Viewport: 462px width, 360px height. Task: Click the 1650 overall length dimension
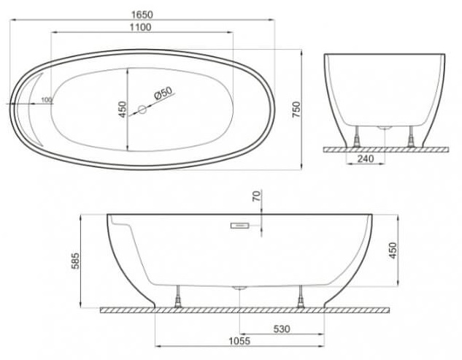click(x=142, y=15)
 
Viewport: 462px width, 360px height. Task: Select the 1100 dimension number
click(x=141, y=27)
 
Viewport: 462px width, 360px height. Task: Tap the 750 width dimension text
click(x=296, y=110)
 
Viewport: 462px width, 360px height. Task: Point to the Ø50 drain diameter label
click(x=163, y=93)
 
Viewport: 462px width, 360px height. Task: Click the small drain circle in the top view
click(x=142, y=110)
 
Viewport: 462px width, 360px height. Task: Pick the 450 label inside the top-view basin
click(x=123, y=110)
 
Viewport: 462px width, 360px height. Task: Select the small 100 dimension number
click(x=46, y=99)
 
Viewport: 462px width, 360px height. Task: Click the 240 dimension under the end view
click(x=366, y=158)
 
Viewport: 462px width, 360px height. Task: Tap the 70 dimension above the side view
click(x=257, y=196)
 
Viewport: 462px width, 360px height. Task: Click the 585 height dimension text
click(x=75, y=261)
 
